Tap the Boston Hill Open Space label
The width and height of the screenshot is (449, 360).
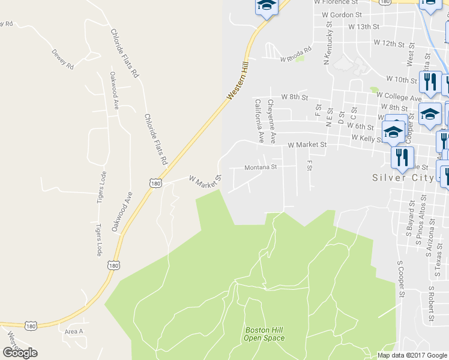pos(264,334)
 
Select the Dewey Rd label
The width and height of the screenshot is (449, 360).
pos(62,59)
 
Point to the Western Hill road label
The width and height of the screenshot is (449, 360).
pos(238,84)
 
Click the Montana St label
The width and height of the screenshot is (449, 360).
pos(260,167)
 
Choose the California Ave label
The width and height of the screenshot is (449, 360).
pos(259,121)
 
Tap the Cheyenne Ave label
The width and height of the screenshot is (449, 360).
pos(271,121)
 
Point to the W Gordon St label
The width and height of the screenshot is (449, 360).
pos(342,14)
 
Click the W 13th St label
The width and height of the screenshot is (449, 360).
pos(364,27)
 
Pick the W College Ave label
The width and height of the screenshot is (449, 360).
pos(399,96)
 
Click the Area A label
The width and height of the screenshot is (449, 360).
pos(73,331)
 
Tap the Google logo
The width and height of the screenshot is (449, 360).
pos(20,353)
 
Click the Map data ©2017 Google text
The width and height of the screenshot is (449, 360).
pos(412,355)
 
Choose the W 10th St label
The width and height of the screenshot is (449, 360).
pos(402,79)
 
